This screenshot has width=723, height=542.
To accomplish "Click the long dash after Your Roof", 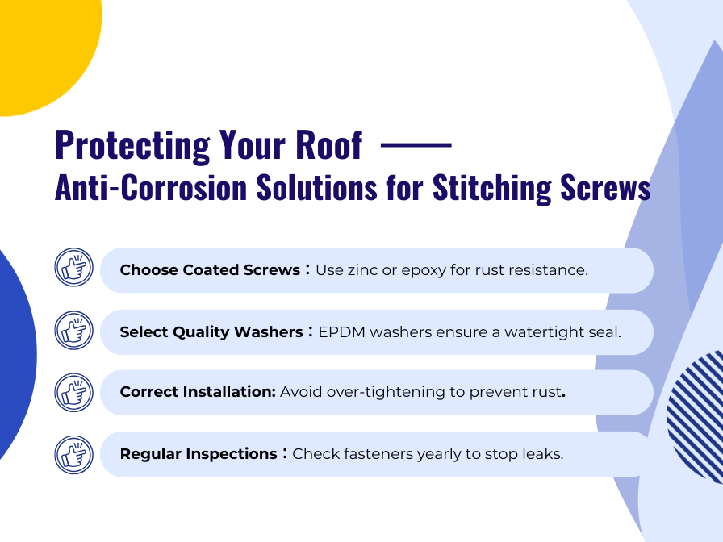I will [x=416, y=145].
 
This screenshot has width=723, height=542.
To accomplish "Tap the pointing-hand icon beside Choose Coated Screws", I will [x=74, y=268].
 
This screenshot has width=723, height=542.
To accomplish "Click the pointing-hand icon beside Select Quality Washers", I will [x=74, y=330].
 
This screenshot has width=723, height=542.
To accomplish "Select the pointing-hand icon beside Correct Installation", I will [x=74, y=392].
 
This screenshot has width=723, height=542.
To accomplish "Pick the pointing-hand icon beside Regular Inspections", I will [x=74, y=453].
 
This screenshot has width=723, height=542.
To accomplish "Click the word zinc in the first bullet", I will [x=361, y=270].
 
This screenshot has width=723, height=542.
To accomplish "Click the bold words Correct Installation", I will [x=198, y=393].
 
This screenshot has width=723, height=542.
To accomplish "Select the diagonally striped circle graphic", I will [x=699, y=415].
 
